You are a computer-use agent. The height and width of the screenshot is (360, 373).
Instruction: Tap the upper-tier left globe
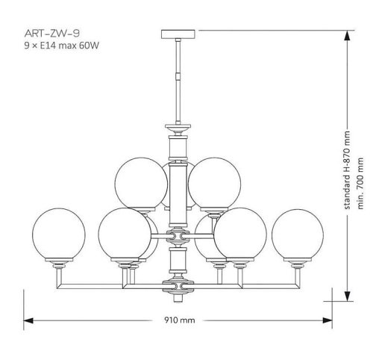141,183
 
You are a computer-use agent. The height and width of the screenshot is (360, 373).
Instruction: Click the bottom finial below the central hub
179,297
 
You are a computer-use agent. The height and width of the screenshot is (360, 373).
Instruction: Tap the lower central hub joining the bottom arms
179,285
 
